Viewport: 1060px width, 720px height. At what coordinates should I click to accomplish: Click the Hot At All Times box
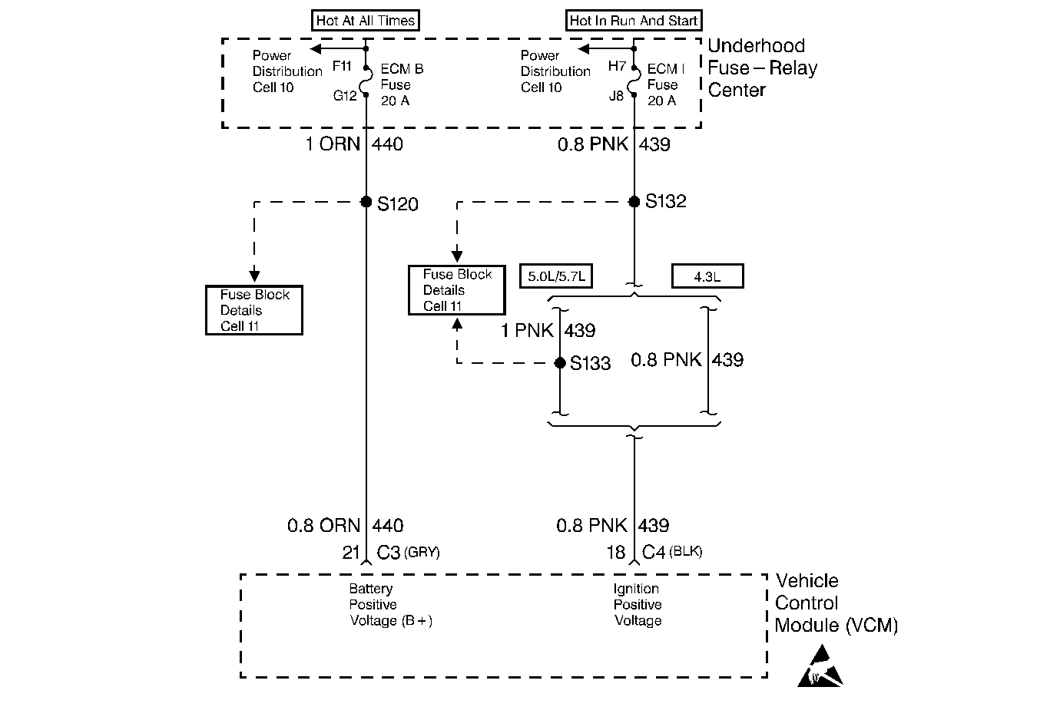(x=366, y=20)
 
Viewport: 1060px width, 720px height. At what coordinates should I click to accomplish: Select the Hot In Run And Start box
(x=634, y=20)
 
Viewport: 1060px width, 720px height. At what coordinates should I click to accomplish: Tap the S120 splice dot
(x=366, y=202)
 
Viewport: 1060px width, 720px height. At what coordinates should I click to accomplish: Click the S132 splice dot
(x=634, y=202)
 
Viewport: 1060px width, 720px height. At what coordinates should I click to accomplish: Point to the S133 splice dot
(x=560, y=362)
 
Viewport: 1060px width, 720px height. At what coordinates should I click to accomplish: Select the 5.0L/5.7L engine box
(x=556, y=276)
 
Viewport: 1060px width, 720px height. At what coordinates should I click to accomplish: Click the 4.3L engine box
(x=707, y=276)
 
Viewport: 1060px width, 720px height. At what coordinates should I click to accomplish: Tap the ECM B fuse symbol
(x=366, y=81)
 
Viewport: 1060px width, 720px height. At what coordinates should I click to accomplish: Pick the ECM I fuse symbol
(x=634, y=81)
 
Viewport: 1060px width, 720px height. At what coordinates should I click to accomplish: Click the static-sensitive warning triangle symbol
(x=820, y=666)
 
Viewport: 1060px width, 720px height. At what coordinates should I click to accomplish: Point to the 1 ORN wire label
(x=333, y=144)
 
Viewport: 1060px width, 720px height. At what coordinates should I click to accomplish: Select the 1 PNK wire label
(x=527, y=331)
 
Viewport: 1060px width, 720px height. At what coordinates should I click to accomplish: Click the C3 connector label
(x=389, y=552)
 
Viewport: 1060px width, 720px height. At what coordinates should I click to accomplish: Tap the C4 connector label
(x=654, y=552)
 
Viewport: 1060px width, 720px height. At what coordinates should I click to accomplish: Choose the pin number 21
(x=351, y=552)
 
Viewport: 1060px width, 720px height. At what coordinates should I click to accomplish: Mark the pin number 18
(x=616, y=552)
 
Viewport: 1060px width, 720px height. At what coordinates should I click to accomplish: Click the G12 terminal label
(x=345, y=96)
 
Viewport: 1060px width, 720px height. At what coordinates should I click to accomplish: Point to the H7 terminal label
(x=617, y=66)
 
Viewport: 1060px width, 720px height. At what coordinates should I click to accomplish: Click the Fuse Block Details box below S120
(x=254, y=310)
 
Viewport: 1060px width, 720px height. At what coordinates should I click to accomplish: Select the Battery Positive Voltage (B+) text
(x=390, y=605)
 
